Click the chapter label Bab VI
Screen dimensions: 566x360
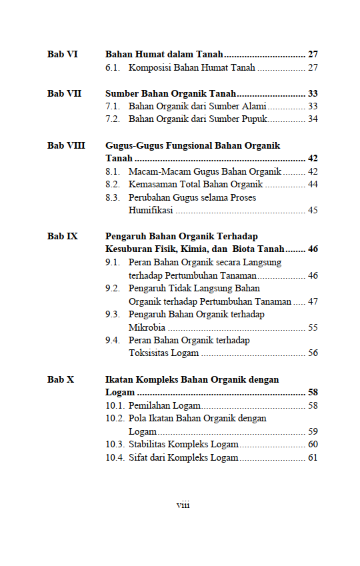[x=63, y=54]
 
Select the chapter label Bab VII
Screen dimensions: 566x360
[x=65, y=93]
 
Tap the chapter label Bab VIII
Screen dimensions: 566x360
[x=66, y=145]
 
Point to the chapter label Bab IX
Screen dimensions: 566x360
[x=63, y=236]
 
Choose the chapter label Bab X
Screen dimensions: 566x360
[x=61, y=379]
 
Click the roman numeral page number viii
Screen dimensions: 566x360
[x=183, y=505]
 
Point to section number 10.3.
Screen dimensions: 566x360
[x=115, y=444]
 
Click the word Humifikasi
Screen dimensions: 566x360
[x=151, y=211]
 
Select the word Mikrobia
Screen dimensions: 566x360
[x=147, y=327]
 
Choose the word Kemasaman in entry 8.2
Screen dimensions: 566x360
[x=152, y=184]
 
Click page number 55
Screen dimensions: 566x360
[x=313, y=327]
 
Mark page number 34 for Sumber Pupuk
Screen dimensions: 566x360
[x=313, y=119]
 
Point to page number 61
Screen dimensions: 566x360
[x=313, y=457]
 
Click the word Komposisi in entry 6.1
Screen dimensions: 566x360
[x=151, y=67]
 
